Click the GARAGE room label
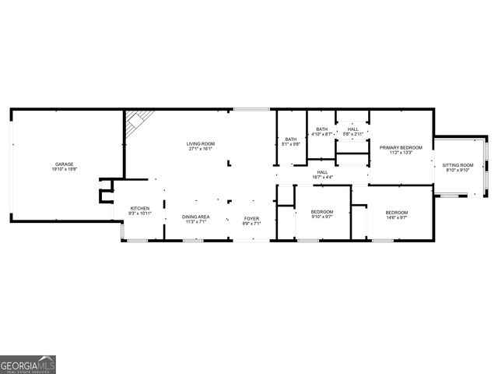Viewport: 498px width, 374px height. click(x=65, y=164)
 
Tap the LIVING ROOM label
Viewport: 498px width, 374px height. click(x=200, y=144)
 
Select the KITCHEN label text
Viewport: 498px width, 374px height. click(x=140, y=208)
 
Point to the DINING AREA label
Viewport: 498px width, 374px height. click(x=195, y=217)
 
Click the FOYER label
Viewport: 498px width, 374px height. click(x=251, y=218)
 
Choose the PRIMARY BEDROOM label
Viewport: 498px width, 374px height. click(x=401, y=147)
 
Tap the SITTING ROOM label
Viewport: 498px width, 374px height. click(x=458, y=165)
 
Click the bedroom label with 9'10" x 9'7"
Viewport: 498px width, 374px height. click(x=322, y=212)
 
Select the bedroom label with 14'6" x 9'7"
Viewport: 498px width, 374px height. click(x=397, y=212)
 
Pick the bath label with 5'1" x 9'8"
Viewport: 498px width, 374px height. click(x=290, y=139)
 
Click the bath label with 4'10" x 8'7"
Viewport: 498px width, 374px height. click(x=321, y=129)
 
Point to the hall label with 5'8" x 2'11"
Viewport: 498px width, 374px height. click(x=353, y=129)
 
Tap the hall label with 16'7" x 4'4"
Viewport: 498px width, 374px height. click(x=322, y=172)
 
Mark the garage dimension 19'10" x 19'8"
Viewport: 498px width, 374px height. click(x=65, y=169)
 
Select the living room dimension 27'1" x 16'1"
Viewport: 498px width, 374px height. click(x=200, y=150)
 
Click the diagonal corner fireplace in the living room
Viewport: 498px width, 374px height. click(x=139, y=122)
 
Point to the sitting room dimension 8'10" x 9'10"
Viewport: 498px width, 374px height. click(x=458, y=171)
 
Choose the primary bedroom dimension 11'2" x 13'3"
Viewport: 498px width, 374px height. click(x=401, y=153)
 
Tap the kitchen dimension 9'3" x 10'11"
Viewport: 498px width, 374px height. click(x=140, y=213)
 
